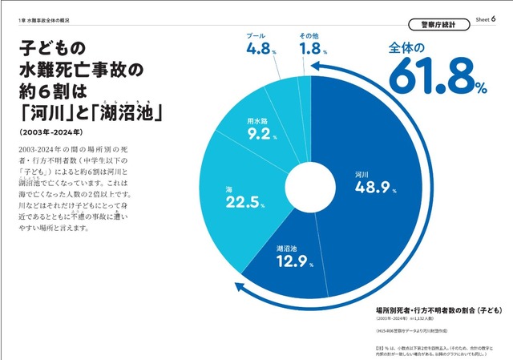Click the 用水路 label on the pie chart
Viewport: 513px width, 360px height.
coord(258,120)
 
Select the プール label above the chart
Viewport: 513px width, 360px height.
coord(255,36)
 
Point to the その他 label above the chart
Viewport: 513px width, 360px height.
coord(310,36)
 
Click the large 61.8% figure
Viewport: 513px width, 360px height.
coord(438,79)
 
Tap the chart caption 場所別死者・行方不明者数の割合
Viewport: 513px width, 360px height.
coord(428,309)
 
